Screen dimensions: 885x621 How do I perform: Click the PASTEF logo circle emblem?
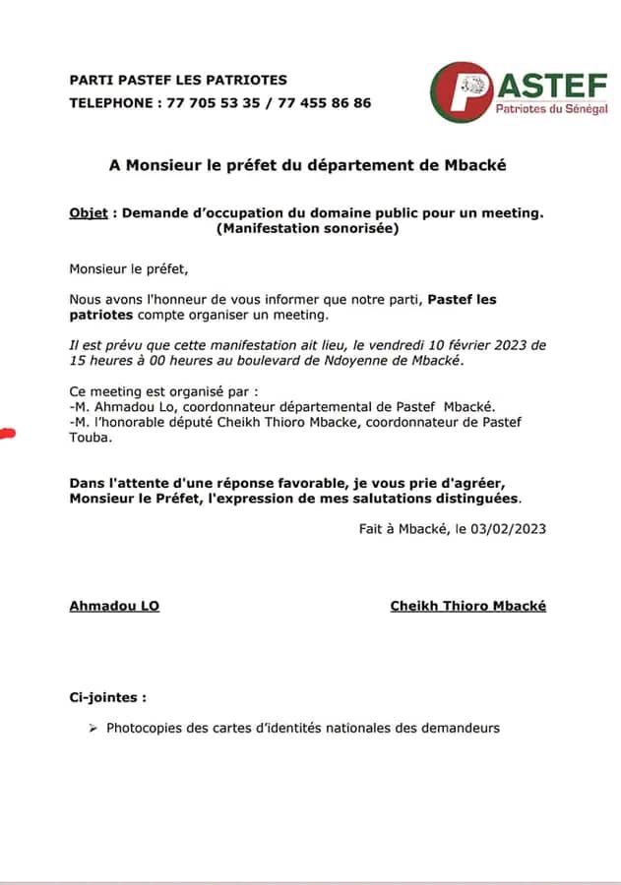pyautogui.click(x=461, y=91)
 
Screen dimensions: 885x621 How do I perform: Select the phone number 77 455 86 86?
pyautogui.click(x=325, y=102)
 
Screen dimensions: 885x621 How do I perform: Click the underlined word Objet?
pyautogui.click(x=89, y=212)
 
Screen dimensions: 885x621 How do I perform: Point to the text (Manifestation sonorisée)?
pyautogui.click(x=307, y=229)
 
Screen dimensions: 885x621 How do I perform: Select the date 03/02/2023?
pyautogui.click(x=511, y=528)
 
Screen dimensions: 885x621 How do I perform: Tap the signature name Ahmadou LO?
pyautogui.click(x=114, y=606)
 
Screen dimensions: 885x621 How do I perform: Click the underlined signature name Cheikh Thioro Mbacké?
pyautogui.click(x=468, y=606)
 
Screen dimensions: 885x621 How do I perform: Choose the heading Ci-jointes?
pyautogui.click(x=107, y=697)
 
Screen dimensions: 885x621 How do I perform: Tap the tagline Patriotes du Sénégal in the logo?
pyautogui.click(x=550, y=109)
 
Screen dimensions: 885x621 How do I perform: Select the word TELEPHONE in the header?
pyautogui.click(x=110, y=102)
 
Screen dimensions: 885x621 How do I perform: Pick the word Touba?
pyautogui.click(x=88, y=438)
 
